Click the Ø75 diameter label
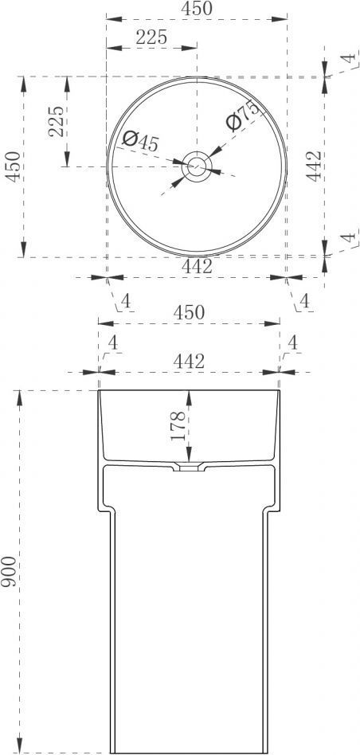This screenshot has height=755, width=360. tap(242, 115)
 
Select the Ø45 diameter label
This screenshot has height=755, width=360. tap(140, 141)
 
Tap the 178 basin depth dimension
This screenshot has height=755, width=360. tap(178, 425)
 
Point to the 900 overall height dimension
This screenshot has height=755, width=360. tap(9, 571)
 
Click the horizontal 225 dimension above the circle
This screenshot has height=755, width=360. tap(151, 37)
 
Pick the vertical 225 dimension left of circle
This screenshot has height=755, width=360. tap(56, 121)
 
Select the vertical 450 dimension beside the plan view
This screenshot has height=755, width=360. tap(13, 166)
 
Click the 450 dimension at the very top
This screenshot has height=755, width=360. tap(197, 9)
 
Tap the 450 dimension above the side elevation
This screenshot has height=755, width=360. tap(189, 312)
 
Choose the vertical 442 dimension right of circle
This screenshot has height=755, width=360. tap(315, 166)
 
